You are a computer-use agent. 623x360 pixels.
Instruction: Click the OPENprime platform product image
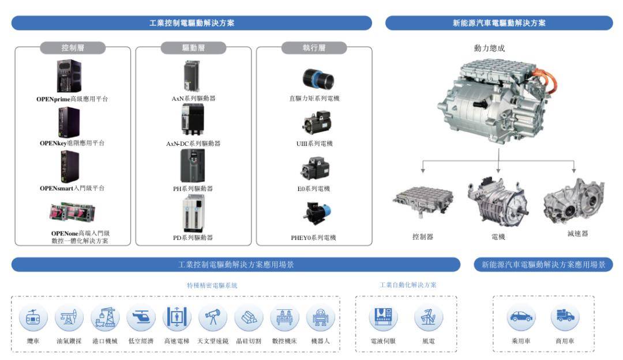tap(69, 76)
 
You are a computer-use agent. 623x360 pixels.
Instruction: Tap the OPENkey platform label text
tap(72, 143)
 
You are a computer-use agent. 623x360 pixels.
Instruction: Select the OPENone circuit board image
tap(72, 212)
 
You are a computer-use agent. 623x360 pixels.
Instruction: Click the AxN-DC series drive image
tap(193, 119)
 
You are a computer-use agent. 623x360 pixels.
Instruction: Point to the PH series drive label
tap(193, 188)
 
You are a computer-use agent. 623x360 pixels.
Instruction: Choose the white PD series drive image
tap(193, 215)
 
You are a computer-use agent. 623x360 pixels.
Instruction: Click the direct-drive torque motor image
tap(318, 78)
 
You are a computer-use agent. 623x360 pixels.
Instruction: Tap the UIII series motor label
tap(314, 144)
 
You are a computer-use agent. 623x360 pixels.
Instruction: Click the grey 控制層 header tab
tap(73, 48)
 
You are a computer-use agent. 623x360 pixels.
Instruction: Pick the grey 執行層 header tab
tap(314, 48)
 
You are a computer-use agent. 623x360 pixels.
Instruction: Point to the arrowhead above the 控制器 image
tap(423, 170)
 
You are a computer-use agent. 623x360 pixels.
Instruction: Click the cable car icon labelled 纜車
tap(33, 317)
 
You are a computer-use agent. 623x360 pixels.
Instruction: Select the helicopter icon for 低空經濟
tap(141, 317)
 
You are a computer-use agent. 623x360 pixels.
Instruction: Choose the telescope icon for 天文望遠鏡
tap(213, 317)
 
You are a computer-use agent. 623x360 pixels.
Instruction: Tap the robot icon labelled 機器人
tap(321, 317)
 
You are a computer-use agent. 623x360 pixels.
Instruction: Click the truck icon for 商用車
tap(565, 317)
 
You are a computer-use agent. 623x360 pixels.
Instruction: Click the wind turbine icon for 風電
tap(428, 317)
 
